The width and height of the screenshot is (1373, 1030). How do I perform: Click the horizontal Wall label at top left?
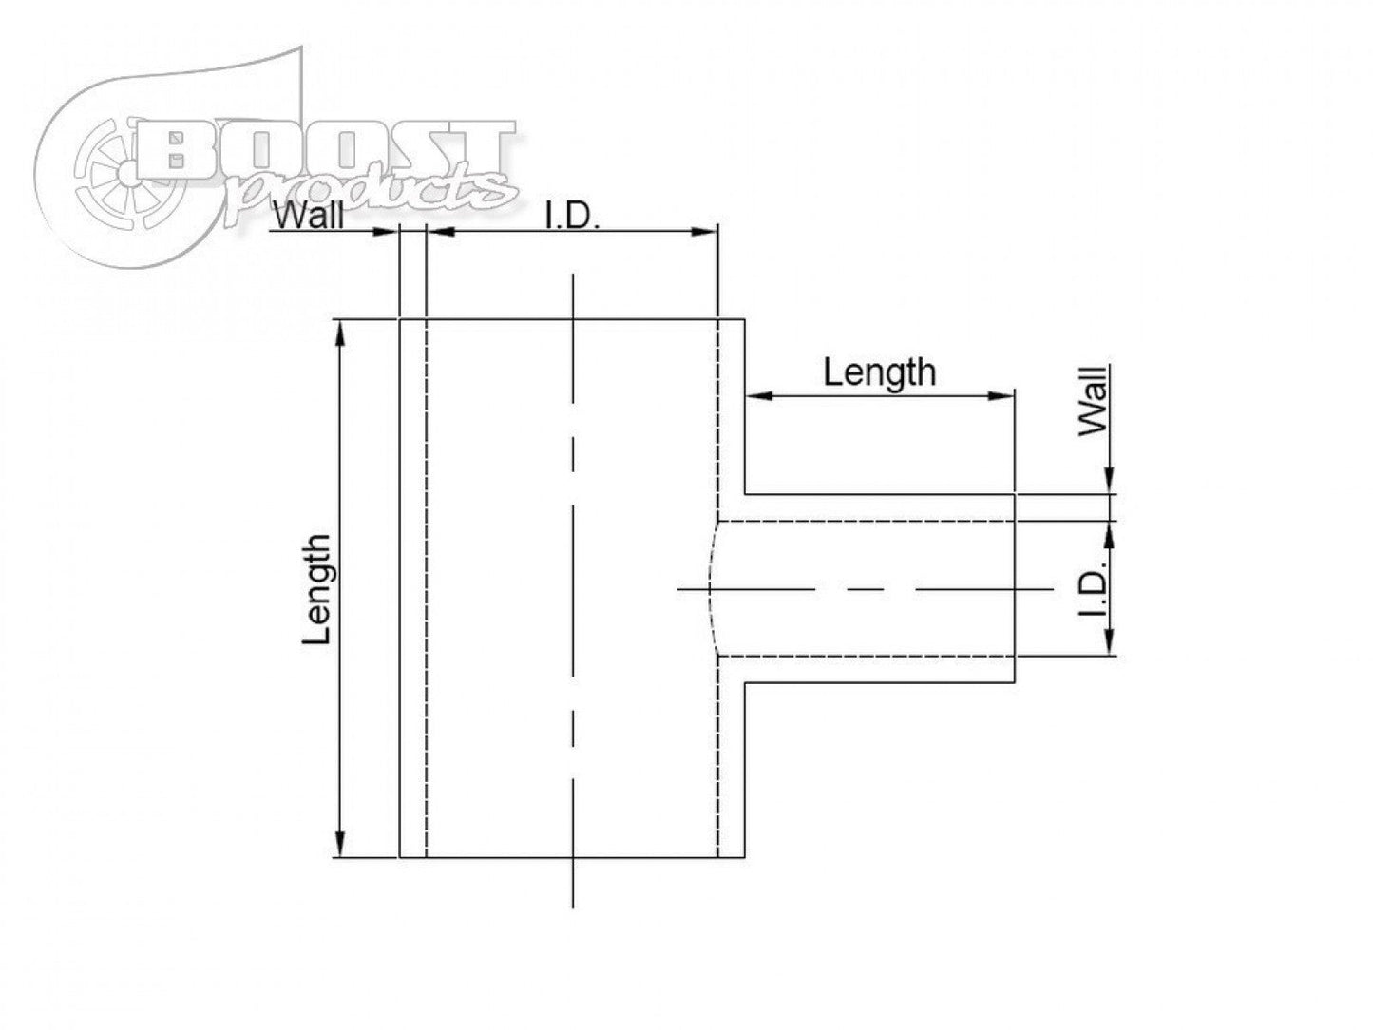(x=308, y=217)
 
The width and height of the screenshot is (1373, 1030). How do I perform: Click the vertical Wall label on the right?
(x=1095, y=401)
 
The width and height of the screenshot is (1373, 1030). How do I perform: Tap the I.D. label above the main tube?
(x=571, y=217)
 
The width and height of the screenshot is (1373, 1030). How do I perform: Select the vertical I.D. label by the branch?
(x=1095, y=590)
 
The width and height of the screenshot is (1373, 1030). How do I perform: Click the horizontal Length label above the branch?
(x=879, y=372)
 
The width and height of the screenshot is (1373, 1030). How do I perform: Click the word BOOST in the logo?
(x=323, y=149)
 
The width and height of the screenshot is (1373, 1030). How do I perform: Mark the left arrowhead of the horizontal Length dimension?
(x=755, y=394)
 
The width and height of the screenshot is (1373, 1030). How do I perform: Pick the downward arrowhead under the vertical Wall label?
(x=1109, y=485)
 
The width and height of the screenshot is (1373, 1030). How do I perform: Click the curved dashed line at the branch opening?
(x=710, y=589)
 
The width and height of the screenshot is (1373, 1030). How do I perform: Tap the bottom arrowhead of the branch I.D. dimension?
(x=1109, y=646)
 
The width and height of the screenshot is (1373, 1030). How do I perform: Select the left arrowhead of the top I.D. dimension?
(x=437, y=231)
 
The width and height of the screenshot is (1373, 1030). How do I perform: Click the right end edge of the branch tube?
(x=1016, y=589)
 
